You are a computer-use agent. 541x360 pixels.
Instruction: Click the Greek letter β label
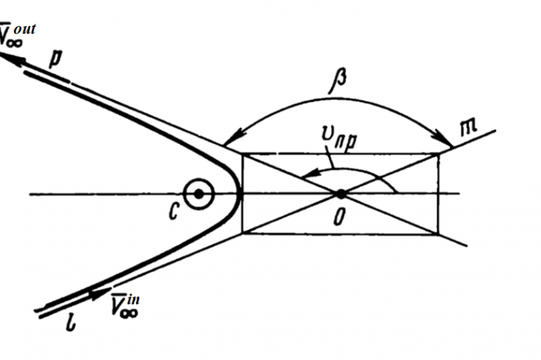(338, 81)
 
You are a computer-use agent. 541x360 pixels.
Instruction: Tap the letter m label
(469, 127)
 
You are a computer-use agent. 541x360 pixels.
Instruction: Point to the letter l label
(70, 323)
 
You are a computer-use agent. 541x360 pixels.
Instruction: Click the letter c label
(173, 211)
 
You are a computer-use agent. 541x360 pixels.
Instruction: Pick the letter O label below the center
(339, 218)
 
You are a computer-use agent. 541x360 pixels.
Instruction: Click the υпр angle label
(339, 137)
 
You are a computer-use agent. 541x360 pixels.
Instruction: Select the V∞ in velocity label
(125, 305)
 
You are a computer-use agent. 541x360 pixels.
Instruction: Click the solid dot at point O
(341, 194)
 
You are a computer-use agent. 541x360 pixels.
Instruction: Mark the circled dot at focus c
(199, 194)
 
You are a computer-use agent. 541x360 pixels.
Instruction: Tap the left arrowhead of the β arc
(232, 139)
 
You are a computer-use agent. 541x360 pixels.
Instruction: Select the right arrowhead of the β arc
(445, 139)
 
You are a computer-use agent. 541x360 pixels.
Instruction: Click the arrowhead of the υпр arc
(311, 173)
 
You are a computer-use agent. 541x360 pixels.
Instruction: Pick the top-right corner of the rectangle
(439, 154)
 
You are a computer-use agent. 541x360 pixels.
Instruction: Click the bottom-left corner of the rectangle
(243, 233)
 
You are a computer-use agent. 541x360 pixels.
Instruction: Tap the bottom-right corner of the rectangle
(438, 234)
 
